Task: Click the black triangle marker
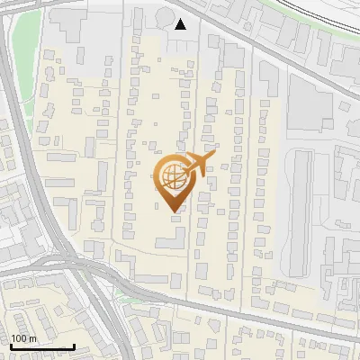click(181, 24)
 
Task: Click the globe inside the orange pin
click(171, 175)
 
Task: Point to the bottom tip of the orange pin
click(172, 211)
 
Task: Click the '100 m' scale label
click(23, 337)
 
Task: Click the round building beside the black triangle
click(163, 17)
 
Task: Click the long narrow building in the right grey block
click(301, 211)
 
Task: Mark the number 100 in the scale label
click(18, 337)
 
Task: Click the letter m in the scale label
click(32, 337)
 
